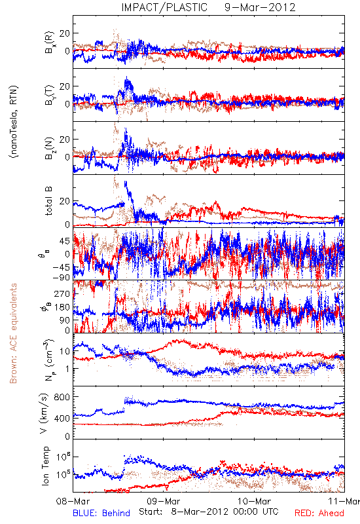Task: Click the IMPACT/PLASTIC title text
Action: pos(164,7)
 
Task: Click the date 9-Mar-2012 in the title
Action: pos(260,7)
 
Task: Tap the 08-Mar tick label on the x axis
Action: pos(73,501)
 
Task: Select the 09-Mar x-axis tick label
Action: pos(164,501)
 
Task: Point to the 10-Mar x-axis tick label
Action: pos(254,501)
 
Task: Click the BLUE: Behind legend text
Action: pos(101,513)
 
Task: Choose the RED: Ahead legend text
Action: pos(319,513)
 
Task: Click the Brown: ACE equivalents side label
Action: pos(13,333)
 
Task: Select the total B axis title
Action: pos(48,201)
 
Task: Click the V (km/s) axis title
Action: pos(45,413)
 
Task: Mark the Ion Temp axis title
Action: pos(45,466)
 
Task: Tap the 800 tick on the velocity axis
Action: pos(62,397)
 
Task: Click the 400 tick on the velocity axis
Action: pos(62,418)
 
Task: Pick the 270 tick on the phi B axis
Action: pos(62,293)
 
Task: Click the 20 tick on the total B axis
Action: pos(65,201)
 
